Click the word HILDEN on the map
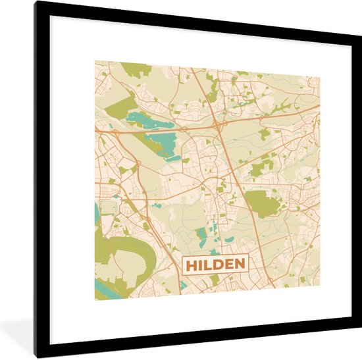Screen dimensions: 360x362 click(215, 265)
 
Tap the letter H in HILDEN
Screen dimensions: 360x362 click(191, 265)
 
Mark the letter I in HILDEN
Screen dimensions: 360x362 click(199, 265)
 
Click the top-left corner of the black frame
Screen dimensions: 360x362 click(37, 3)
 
